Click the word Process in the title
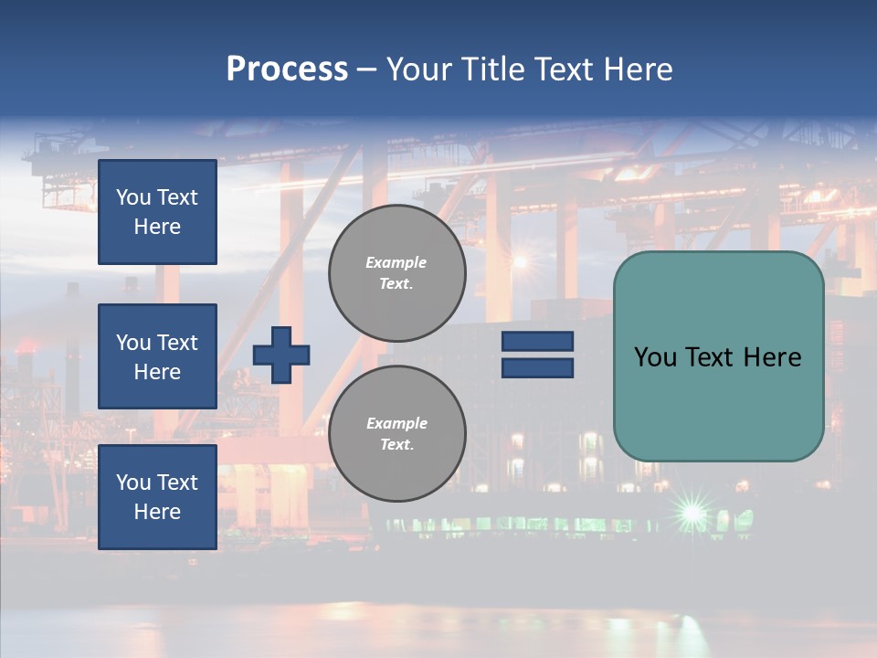tap(287, 69)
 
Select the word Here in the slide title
tap(637, 69)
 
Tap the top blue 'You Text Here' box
tap(157, 212)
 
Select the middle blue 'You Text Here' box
tap(157, 356)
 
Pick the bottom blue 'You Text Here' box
tap(157, 496)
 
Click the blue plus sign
tap(281, 355)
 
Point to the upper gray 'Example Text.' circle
tap(396, 272)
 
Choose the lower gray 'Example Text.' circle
tap(396, 433)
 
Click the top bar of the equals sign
tap(537, 342)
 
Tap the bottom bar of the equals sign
tap(537, 367)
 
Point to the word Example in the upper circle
tap(396, 262)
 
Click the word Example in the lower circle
tap(396, 423)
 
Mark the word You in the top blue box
tap(132, 197)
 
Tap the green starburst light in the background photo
tap(692, 511)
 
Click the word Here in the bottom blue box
tap(157, 512)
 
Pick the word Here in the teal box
tap(773, 357)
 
